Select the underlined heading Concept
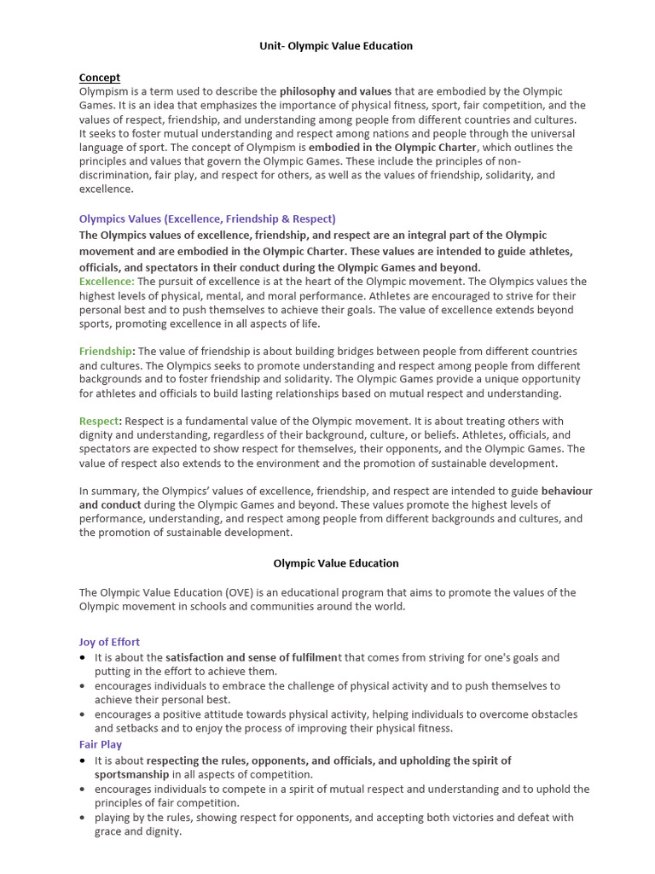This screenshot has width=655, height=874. click(x=100, y=78)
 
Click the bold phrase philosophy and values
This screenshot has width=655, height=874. click(x=335, y=91)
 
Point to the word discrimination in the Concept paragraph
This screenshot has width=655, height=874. click(x=111, y=175)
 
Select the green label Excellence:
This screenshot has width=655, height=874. click(x=107, y=281)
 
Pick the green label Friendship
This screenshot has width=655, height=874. click(x=106, y=351)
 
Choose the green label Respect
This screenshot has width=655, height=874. click(x=98, y=421)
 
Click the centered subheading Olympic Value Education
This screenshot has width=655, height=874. click(x=335, y=563)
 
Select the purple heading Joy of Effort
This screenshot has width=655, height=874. click(x=109, y=642)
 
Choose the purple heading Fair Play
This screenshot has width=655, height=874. click(x=101, y=744)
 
